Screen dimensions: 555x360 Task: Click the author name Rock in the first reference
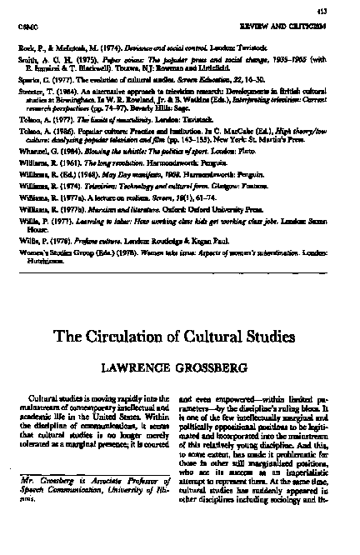pyautogui.click(x=23, y=48)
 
